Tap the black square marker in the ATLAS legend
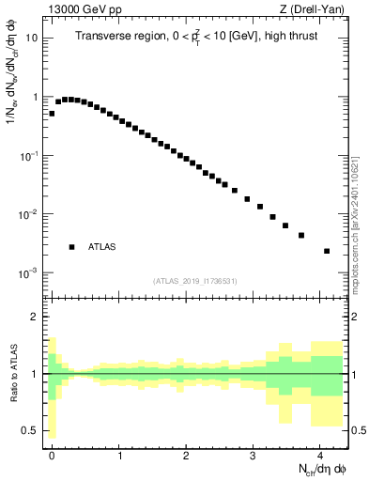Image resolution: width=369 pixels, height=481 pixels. (71, 247)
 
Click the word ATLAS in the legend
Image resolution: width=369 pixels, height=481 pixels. (103, 247)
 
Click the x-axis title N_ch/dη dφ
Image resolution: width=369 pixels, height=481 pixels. (316, 469)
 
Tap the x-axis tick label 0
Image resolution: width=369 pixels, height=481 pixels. (53, 454)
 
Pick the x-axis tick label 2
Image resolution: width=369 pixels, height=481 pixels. (187, 454)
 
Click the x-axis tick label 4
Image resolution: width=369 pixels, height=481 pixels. (320, 454)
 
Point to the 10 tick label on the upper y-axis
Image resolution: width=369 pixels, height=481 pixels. (33, 39)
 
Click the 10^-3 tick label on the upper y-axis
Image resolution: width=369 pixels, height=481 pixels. (31, 272)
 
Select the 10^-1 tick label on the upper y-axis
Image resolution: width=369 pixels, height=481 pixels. (31, 156)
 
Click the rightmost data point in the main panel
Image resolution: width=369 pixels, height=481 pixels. (326, 251)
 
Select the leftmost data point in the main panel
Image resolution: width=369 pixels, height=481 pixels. (52, 113)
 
